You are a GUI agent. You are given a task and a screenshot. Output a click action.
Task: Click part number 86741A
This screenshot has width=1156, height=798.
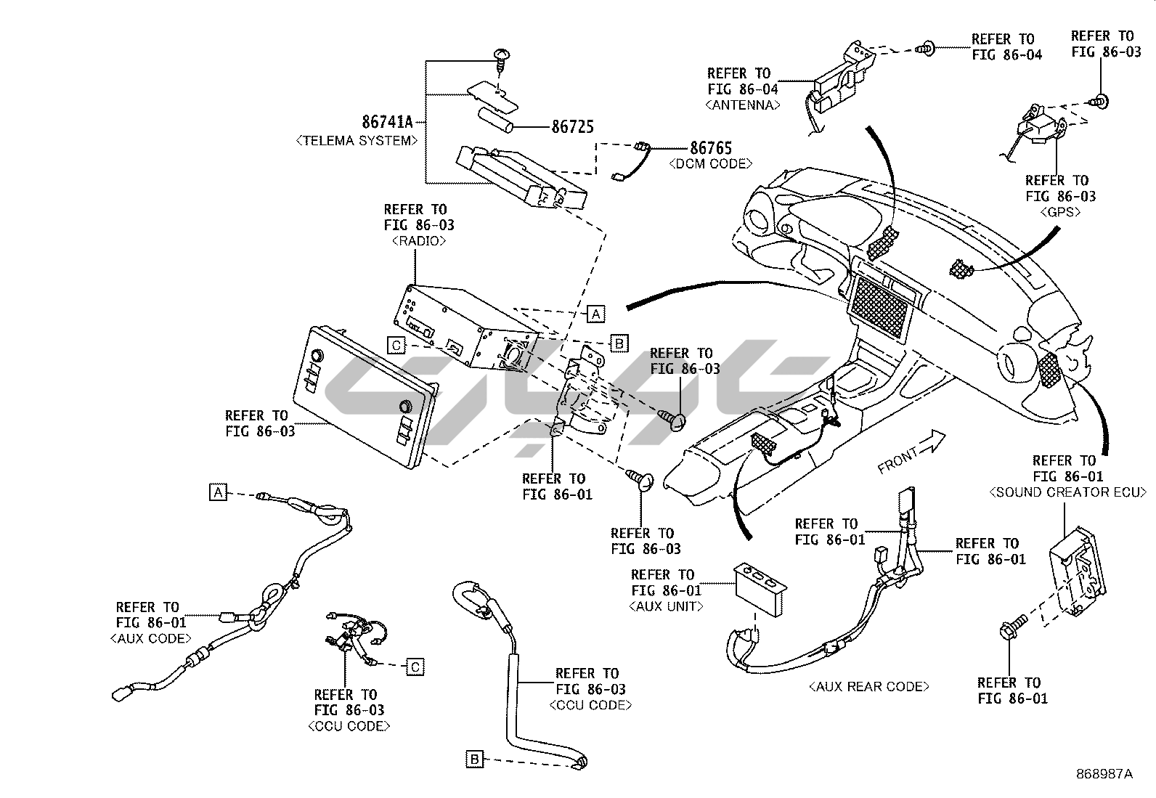tap(387, 122)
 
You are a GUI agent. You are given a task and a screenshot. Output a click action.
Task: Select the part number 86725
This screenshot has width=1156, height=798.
tap(573, 127)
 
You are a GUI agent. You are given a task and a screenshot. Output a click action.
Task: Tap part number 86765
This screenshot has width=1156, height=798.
tap(711, 148)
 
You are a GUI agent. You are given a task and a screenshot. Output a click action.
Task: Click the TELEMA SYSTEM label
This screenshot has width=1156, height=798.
tap(357, 140)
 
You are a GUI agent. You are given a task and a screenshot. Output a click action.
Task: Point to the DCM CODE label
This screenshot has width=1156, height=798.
tap(711, 163)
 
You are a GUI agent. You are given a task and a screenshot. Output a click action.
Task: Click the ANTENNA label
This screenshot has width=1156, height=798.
tap(743, 105)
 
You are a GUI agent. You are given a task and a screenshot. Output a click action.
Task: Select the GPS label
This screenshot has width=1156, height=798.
tap(1060, 212)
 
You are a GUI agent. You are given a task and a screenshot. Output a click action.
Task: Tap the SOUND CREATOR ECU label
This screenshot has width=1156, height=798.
tap(1067, 492)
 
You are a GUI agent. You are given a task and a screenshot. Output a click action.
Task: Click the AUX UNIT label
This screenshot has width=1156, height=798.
tap(667, 606)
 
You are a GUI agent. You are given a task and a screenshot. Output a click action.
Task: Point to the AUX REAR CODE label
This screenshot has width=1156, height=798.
tap(869, 686)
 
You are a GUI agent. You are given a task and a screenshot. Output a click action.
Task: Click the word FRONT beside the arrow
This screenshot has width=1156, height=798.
tap(898, 460)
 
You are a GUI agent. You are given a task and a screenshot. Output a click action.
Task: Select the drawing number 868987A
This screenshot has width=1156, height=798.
tap(1104, 774)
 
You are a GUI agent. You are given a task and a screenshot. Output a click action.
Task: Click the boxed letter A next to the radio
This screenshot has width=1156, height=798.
tap(596, 314)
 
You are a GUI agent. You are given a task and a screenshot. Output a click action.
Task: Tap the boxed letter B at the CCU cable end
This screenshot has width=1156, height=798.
tap(474, 760)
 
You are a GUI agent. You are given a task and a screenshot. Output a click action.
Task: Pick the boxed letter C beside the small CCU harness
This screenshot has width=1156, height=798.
tap(415, 667)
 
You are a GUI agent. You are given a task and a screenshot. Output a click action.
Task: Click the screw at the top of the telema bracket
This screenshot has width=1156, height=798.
tap(500, 60)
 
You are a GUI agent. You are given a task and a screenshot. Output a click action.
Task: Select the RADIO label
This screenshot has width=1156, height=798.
tap(418, 241)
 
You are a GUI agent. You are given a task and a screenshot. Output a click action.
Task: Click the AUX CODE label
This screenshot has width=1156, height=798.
tap(150, 638)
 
